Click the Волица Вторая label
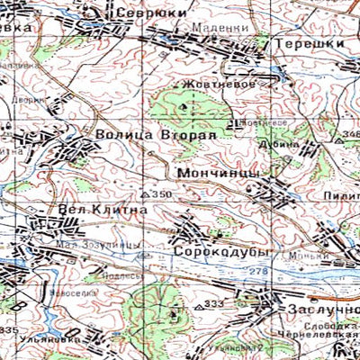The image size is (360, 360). click(x=157, y=135)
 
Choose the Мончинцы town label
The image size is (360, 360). click(x=220, y=171)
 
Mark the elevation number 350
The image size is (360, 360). click(x=162, y=194)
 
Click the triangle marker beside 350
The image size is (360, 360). click(x=147, y=194)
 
